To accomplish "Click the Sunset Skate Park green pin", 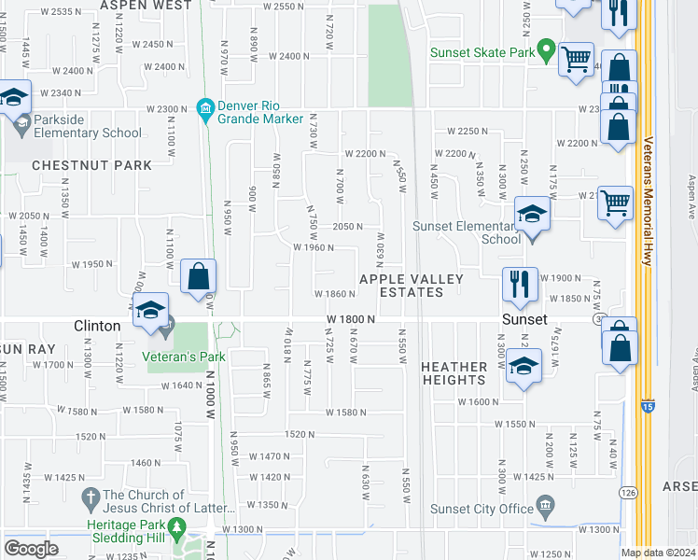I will pyautogui.click(x=548, y=49).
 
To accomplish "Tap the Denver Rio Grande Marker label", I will pyautogui.click(x=260, y=112).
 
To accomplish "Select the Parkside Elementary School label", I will pyautogui.click(x=88, y=133).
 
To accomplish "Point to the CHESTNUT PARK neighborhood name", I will pyautogui.click(x=91, y=165).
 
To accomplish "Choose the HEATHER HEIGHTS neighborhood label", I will pyautogui.click(x=454, y=373).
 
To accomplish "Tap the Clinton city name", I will pyautogui.click(x=97, y=326).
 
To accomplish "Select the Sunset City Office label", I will pyautogui.click(x=482, y=509).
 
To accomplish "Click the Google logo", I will pyautogui.click(x=31, y=548).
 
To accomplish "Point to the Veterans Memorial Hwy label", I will pyautogui.click(x=648, y=202).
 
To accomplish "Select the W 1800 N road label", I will pyautogui.click(x=351, y=319).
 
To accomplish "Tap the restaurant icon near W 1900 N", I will pyautogui.click(x=520, y=284).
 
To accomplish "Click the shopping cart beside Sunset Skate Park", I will pyautogui.click(x=576, y=59).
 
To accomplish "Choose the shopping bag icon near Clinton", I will pyautogui.click(x=199, y=276).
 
